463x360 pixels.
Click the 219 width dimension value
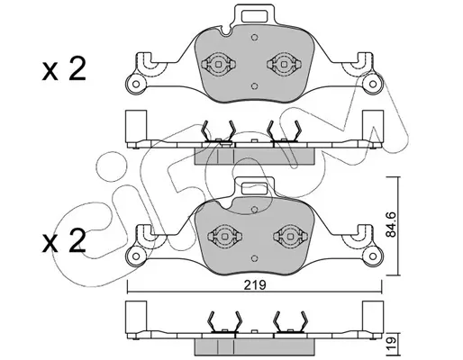click(x=255, y=285)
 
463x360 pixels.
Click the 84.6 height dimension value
click(x=391, y=224)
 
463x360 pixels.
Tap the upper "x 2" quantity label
click(x=64, y=68)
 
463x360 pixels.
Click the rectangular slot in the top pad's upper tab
click(x=255, y=16)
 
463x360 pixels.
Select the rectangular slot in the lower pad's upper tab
click(x=255, y=189)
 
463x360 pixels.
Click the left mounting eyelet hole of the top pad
click(x=136, y=84)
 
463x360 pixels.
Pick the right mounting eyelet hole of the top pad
click(x=373, y=84)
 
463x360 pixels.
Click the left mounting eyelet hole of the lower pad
click(x=136, y=256)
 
